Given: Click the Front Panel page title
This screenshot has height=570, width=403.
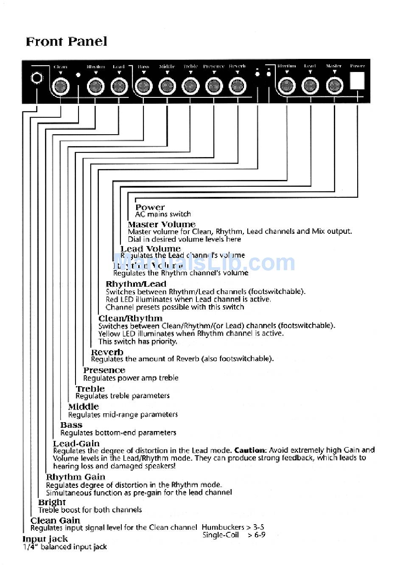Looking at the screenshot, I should click(66, 42).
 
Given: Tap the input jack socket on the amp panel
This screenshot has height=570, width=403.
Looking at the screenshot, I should click(37, 79).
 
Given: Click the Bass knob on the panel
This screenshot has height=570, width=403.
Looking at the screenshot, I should click(143, 86).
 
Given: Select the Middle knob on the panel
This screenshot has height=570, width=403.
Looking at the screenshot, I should click(167, 86).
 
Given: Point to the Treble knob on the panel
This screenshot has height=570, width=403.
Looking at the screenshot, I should click(190, 86).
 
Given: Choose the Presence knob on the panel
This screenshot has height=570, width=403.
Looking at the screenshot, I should click(214, 86).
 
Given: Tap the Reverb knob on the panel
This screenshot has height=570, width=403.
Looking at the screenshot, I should click(238, 86).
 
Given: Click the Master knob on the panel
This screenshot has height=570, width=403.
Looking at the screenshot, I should click(334, 86).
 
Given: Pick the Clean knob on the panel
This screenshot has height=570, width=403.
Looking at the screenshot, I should click(60, 87).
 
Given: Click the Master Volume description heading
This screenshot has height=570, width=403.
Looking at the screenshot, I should click(162, 224).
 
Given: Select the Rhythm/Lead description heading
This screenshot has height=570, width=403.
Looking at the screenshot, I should click(136, 284).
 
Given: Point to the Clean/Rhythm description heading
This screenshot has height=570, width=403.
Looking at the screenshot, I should click(130, 318).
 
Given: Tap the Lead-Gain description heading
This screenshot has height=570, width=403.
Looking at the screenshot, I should click(76, 443).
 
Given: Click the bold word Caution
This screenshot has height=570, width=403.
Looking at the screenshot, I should click(250, 450).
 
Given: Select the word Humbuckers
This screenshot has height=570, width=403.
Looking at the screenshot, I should click(223, 527).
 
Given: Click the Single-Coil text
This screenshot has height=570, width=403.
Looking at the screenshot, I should click(221, 535).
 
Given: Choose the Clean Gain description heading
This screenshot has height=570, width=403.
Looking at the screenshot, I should click(55, 520).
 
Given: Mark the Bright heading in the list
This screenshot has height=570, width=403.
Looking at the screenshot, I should click(52, 502).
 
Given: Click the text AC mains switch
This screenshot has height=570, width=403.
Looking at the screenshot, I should click(163, 214).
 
